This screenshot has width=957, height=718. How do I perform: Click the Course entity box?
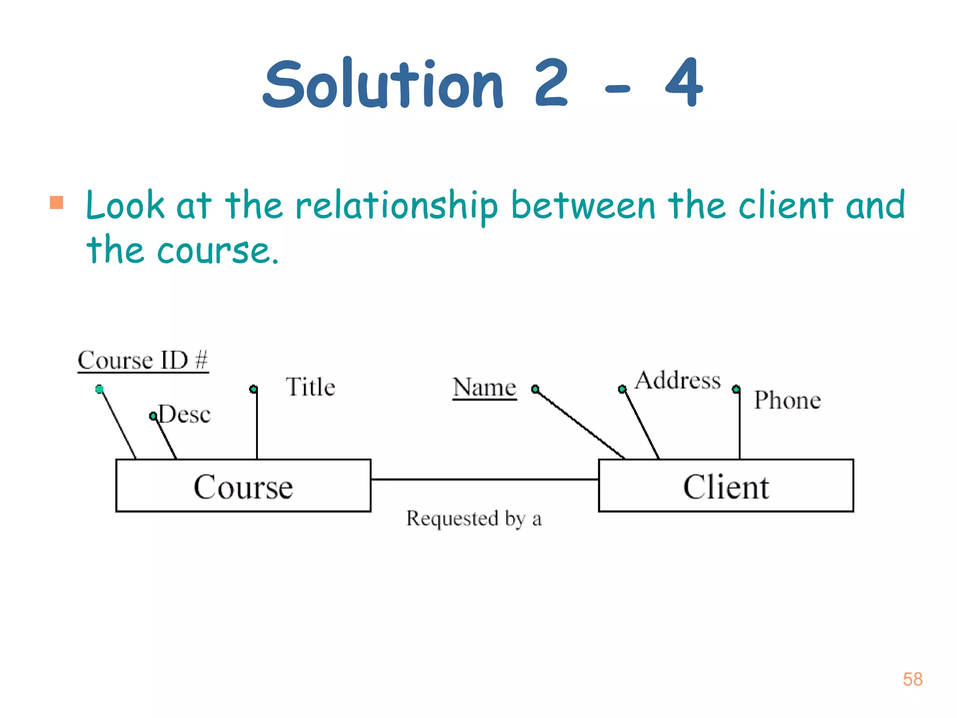[x=243, y=486]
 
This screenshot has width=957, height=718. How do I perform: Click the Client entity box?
[x=726, y=486]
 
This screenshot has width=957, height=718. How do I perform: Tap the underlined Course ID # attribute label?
[x=143, y=360]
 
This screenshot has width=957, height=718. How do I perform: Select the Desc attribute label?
[x=185, y=414]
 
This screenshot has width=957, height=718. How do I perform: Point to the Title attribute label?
[x=310, y=387]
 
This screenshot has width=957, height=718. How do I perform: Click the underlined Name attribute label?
[x=485, y=388]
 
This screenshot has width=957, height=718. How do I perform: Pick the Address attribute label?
[x=678, y=380]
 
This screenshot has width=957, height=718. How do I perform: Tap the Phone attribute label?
[x=787, y=400]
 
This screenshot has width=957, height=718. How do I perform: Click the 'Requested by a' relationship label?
[x=474, y=518]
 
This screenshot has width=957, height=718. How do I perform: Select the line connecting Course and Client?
[x=485, y=479]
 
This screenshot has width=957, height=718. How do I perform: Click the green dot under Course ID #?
[x=100, y=389]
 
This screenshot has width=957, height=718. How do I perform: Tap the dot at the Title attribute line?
[x=253, y=389]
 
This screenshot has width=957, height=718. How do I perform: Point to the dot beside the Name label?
[x=536, y=389]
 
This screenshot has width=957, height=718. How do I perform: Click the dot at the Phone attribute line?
[x=736, y=389]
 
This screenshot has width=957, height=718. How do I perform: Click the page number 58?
[x=913, y=679]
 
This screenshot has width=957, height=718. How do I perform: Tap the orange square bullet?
[x=57, y=202]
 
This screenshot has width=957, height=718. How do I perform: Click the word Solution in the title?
[x=383, y=84]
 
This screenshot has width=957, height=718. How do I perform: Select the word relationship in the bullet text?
[x=397, y=206]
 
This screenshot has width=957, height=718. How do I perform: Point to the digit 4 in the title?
[x=684, y=83]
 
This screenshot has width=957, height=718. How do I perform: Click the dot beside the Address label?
[x=622, y=389]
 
